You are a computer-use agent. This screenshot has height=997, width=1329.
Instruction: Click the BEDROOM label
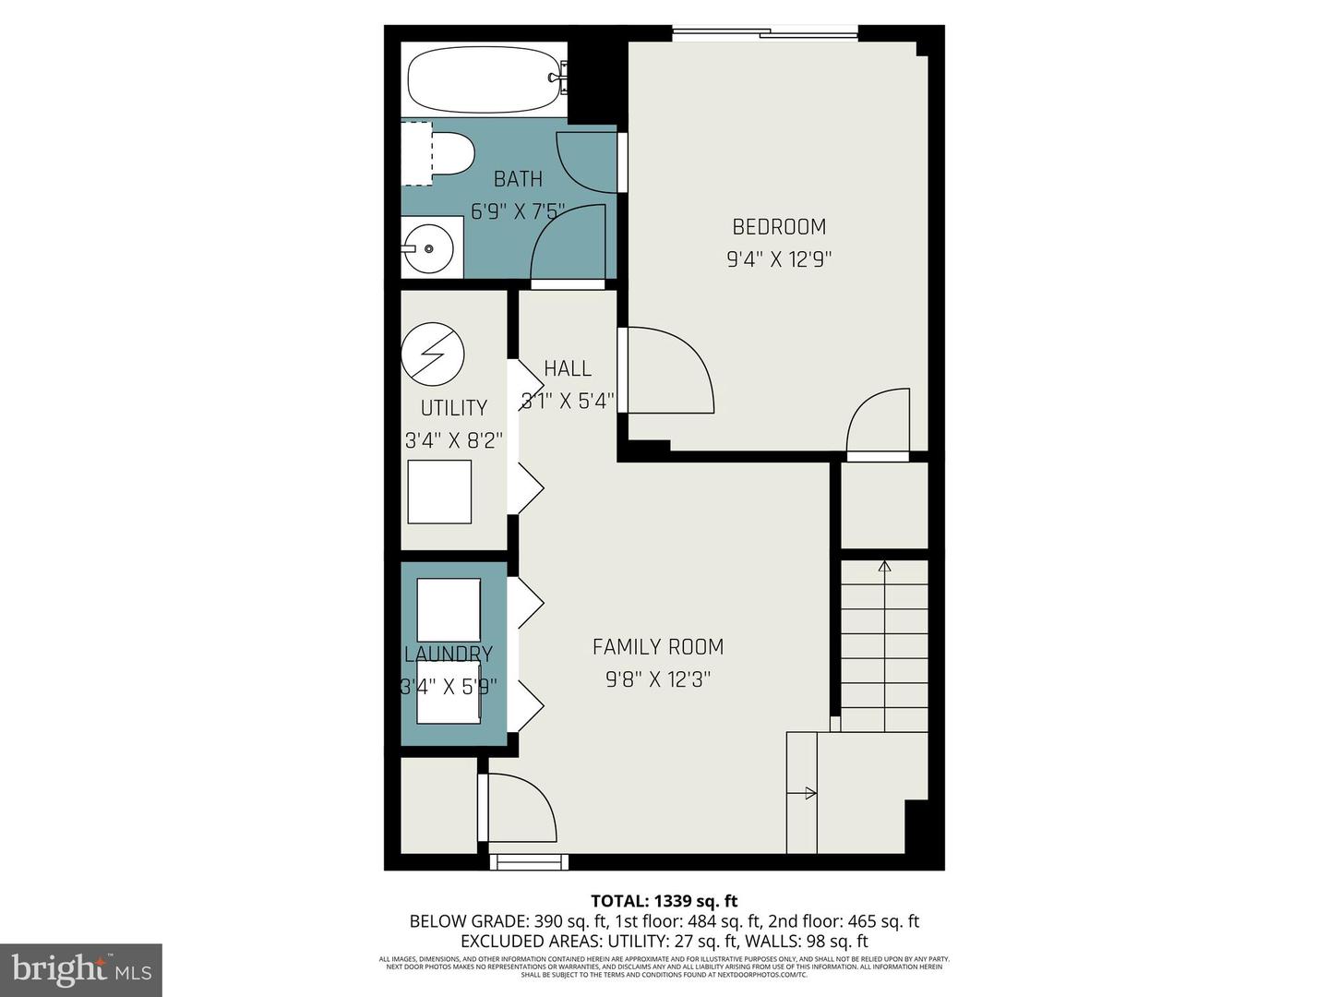pyautogui.click(x=779, y=227)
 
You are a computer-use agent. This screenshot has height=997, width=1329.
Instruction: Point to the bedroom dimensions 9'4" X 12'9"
pyautogui.click(x=779, y=259)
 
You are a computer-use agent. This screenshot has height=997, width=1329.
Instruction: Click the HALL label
pyautogui.click(x=567, y=369)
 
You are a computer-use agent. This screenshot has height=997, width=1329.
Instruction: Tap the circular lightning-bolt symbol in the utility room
pyautogui.click(x=432, y=354)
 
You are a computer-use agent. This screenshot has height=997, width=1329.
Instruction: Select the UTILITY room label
pyautogui.click(x=453, y=408)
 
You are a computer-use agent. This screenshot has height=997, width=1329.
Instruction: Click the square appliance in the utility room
pyautogui.click(x=439, y=491)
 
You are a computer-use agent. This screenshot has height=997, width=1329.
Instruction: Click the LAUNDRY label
pyautogui.click(x=449, y=655)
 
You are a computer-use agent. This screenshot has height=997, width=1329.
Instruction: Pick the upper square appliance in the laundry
pyautogui.click(x=449, y=609)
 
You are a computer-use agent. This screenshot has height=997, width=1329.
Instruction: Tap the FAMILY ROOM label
pyautogui.click(x=657, y=647)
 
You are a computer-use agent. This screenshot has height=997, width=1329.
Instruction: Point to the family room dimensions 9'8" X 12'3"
pyautogui.click(x=657, y=680)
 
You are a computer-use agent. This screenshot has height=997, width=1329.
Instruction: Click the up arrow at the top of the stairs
pyautogui.click(x=884, y=566)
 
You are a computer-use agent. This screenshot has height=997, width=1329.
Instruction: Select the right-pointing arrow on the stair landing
pyautogui.click(x=809, y=793)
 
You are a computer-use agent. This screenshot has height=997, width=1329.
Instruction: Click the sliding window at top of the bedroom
pyautogui.click(x=764, y=35)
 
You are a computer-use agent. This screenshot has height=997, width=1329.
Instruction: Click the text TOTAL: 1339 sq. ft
pyautogui.click(x=664, y=901)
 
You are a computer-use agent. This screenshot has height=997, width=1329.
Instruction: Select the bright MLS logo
pyautogui.click(x=81, y=969)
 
